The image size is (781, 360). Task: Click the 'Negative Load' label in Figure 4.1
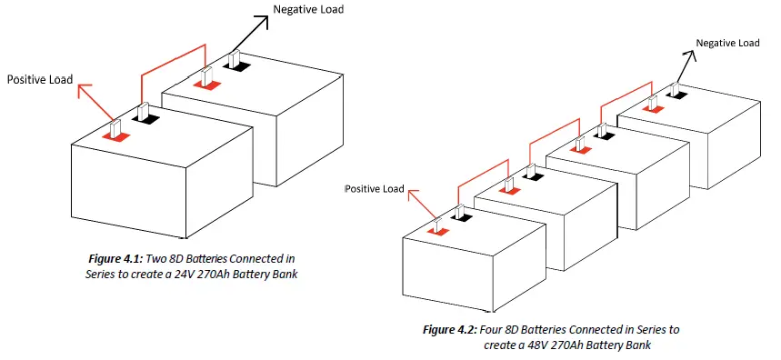pos(308,9)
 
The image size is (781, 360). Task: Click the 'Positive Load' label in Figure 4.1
pos(40,80)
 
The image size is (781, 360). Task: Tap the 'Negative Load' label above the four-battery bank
pos(727,43)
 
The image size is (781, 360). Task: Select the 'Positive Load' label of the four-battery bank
pos(374,189)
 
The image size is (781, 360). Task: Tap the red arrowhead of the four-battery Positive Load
pos(411,194)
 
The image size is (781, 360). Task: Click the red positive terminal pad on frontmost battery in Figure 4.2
pos(439,230)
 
